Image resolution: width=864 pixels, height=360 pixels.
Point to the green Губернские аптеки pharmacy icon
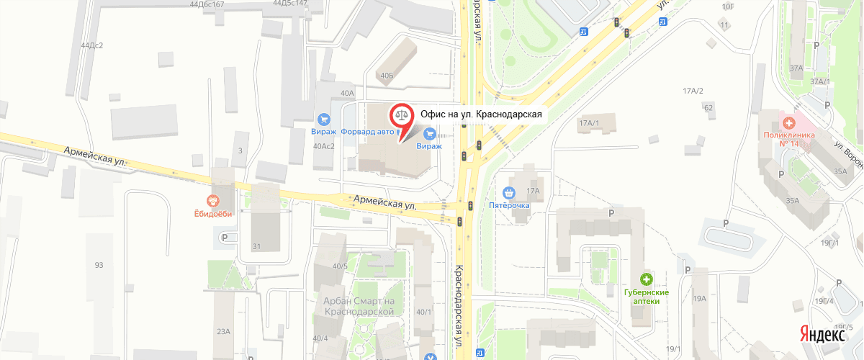[647, 279]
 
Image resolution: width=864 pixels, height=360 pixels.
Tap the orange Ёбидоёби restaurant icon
[212, 201]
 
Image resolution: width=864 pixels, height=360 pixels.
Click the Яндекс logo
[822, 335]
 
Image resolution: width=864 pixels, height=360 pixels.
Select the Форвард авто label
[367, 132]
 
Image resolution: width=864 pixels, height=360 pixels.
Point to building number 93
[99, 265]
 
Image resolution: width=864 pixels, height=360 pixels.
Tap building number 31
[256, 247]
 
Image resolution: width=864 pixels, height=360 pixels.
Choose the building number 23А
[222, 331]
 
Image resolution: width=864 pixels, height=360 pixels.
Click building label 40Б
[388, 75]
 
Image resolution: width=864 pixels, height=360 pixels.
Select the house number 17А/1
[589, 123]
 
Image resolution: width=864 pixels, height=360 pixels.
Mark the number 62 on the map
[708, 107]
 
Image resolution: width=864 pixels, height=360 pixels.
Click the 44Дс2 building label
[92, 45]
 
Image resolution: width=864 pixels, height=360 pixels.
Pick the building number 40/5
[340, 266]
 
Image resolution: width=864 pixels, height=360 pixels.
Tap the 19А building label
[698, 298]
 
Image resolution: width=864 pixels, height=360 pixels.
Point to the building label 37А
[796, 68]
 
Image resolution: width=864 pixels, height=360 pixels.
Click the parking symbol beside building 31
[225, 237]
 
